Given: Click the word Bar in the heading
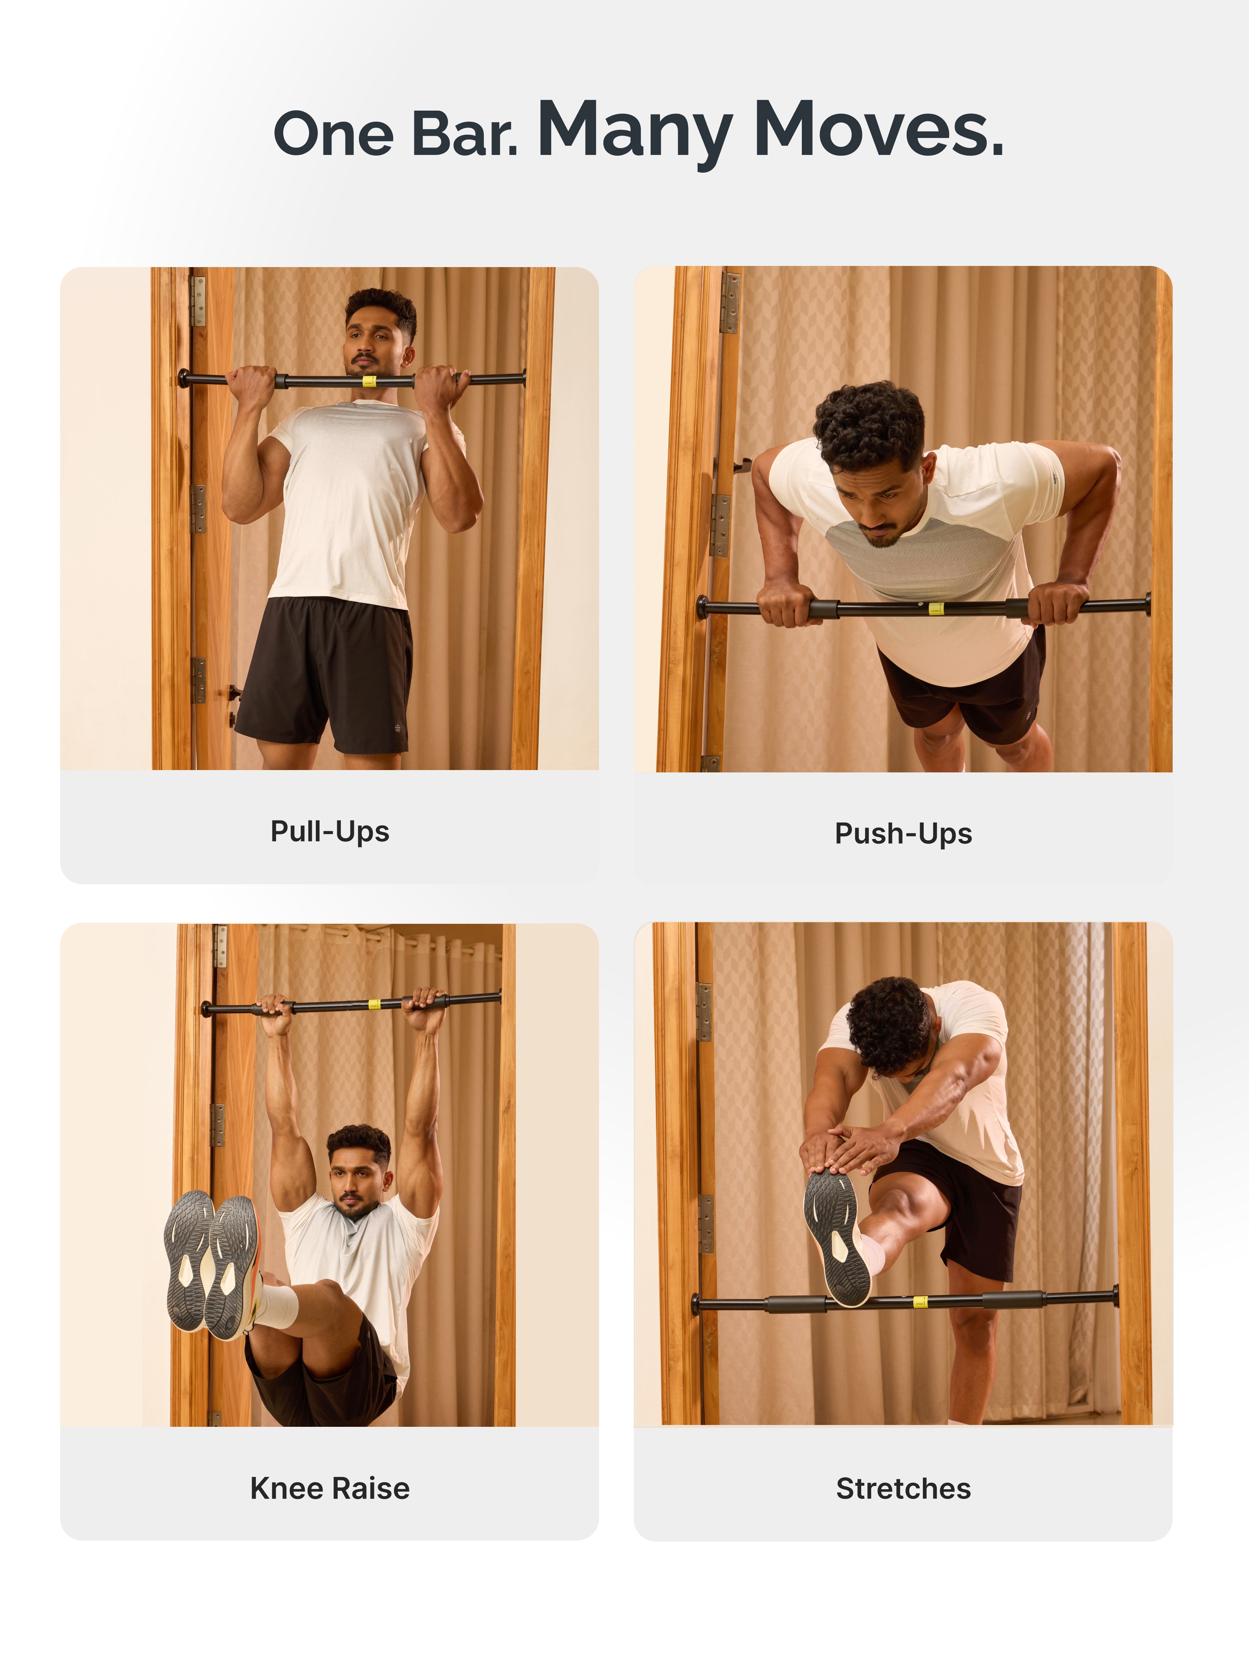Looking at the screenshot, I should coord(465,134).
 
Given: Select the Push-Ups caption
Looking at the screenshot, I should coord(904,833).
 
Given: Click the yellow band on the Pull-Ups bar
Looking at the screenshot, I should coord(369,381).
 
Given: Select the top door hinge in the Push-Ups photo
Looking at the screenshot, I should coord(729,303).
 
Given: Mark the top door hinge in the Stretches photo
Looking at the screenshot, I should coord(704,1012).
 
